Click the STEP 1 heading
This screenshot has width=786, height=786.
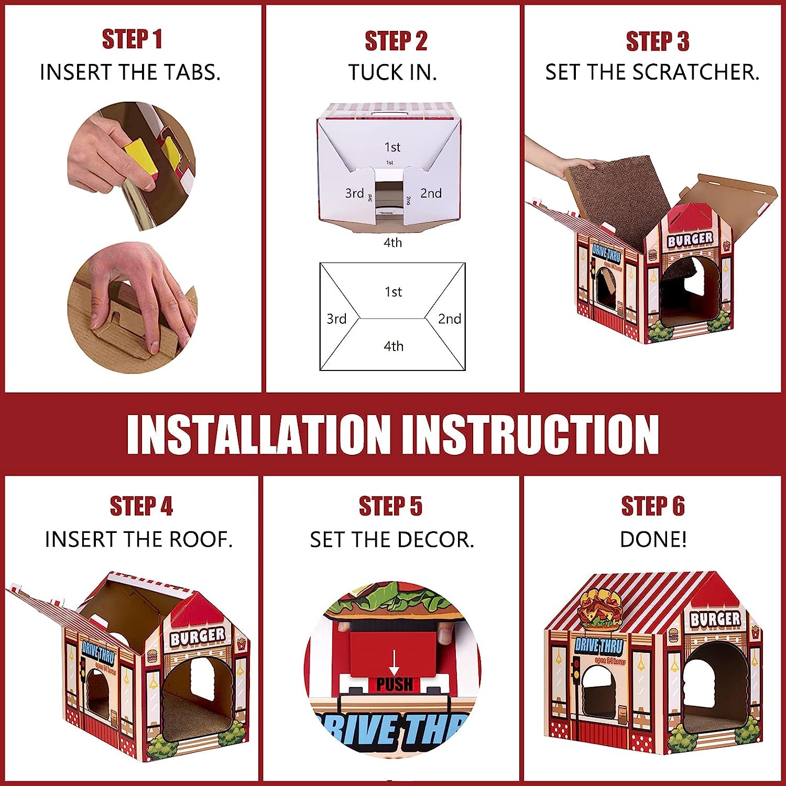(132, 40)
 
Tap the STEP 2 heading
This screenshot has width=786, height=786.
(396, 41)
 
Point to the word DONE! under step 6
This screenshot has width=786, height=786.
(653, 539)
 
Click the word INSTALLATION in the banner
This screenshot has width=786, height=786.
(259, 434)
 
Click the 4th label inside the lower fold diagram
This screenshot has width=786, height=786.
(393, 346)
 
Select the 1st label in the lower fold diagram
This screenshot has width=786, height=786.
(393, 292)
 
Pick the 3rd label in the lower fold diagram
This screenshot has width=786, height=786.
(336, 319)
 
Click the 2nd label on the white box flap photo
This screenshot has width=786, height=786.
(431, 193)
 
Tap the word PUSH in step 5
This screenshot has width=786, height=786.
(394, 684)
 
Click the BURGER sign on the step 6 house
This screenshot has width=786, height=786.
(715, 619)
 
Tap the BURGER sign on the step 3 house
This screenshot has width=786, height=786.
(690, 239)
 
